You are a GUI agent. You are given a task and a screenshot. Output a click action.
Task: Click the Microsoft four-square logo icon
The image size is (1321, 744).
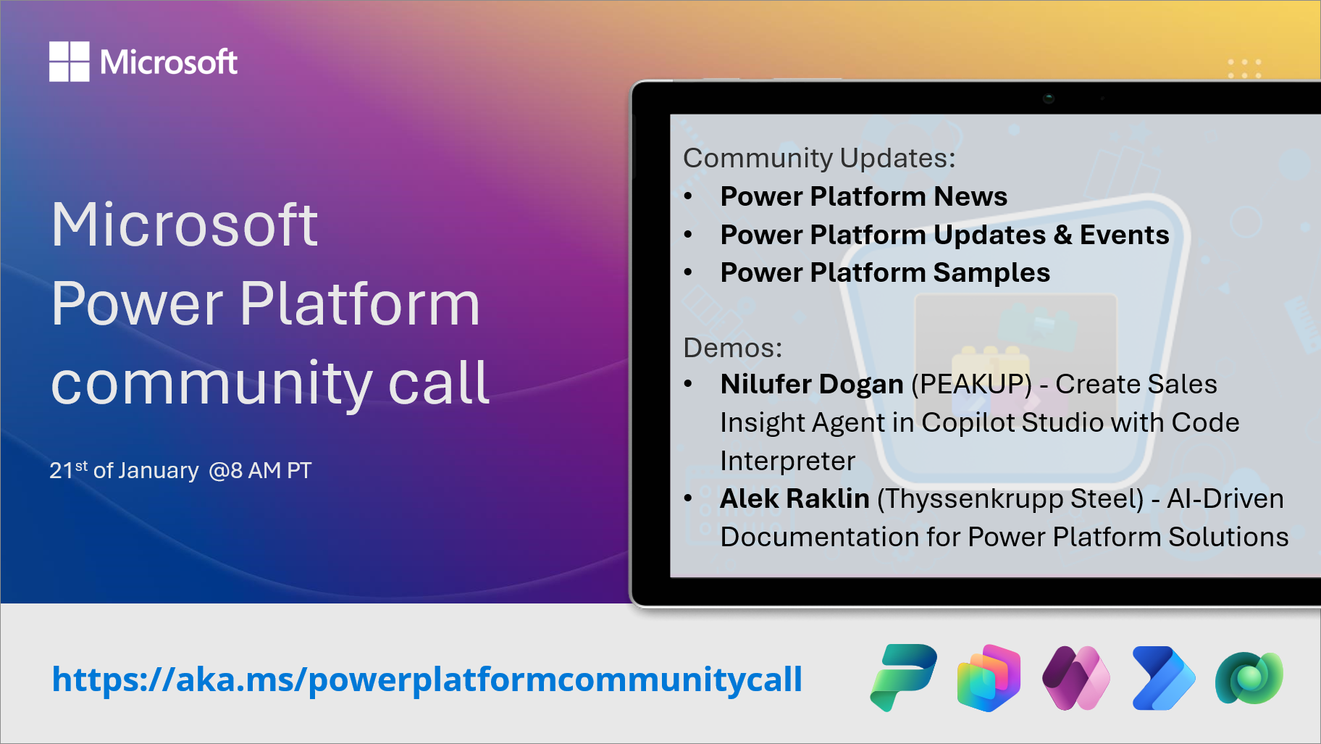pos(69,62)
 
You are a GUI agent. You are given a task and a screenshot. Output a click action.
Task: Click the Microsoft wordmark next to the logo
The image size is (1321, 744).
pos(169,62)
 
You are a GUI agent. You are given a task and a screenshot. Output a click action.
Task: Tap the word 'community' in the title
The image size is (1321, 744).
pos(211,383)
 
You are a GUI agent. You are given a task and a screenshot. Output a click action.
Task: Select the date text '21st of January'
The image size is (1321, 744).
pos(124,471)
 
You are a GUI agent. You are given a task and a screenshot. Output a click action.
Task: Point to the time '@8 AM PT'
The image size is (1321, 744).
pos(260,471)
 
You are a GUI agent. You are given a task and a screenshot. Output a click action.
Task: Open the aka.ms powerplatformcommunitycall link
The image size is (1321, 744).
pos(427,680)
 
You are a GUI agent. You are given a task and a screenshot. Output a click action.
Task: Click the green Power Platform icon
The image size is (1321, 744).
pos(903,677)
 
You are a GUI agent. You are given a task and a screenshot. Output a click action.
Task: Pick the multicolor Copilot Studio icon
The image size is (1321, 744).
pos(989,678)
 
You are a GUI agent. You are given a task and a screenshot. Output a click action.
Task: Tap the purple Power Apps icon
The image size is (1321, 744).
pos(1075,678)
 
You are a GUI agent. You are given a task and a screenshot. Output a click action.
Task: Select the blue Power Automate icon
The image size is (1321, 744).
pos(1162,678)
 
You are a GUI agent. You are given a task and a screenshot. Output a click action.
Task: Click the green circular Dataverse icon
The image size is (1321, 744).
pos(1249,678)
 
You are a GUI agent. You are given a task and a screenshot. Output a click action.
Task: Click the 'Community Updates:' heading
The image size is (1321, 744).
pos(819,158)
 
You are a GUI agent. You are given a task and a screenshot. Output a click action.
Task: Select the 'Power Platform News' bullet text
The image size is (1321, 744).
pos(863,196)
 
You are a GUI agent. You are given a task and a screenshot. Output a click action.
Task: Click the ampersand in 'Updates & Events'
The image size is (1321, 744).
pos(1062,235)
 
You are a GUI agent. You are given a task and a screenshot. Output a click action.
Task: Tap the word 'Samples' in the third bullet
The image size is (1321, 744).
pos(991,273)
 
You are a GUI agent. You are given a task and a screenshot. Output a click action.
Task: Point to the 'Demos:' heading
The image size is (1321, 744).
pos(732,348)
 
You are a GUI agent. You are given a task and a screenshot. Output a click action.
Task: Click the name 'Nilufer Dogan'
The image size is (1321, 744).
pos(812,385)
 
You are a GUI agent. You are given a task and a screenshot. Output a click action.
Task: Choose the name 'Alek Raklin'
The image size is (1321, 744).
pos(794,499)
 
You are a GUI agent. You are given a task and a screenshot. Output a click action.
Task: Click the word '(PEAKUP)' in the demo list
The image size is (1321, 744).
pos(971,385)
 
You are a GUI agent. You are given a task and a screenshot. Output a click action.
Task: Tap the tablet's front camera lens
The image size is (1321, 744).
pos(1048,98)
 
